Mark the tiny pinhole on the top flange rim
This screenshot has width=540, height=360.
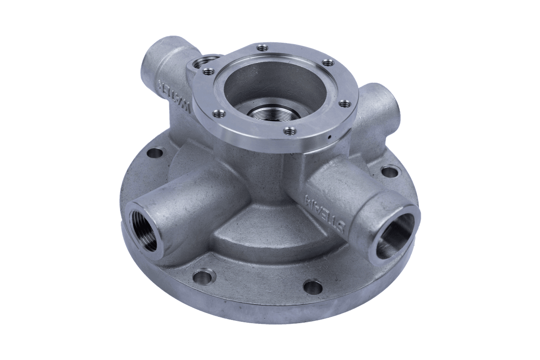click(x=329, y=138)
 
